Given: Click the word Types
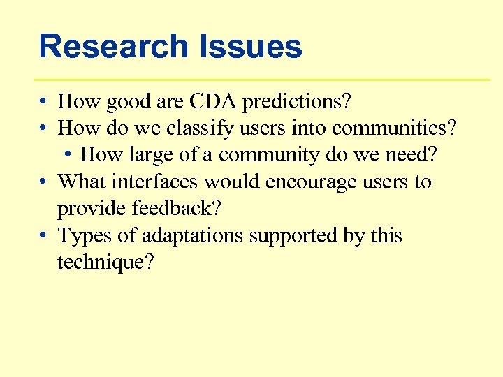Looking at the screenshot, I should point(86,236).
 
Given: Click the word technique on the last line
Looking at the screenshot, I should point(105,263).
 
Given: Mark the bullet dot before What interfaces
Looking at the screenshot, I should point(43,182).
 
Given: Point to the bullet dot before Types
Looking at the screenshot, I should point(43,236).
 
